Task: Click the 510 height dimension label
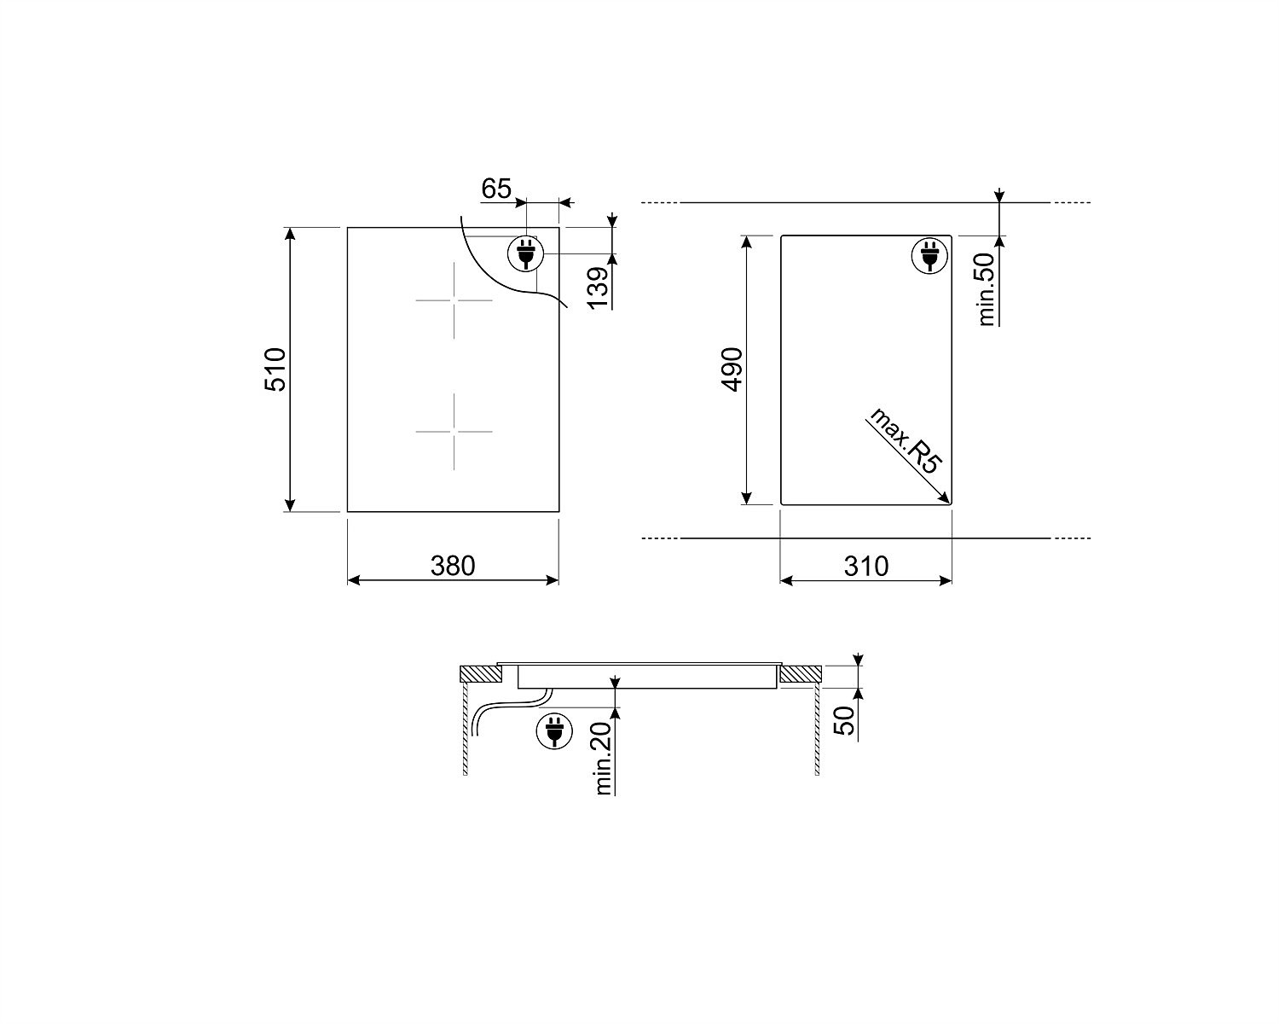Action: click(275, 369)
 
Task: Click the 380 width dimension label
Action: click(453, 566)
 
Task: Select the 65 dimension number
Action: click(496, 189)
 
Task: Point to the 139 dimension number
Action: click(599, 288)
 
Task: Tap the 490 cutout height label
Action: click(732, 369)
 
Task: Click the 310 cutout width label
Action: click(866, 566)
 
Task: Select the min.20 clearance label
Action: click(602, 759)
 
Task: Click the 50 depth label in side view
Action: click(844, 720)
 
